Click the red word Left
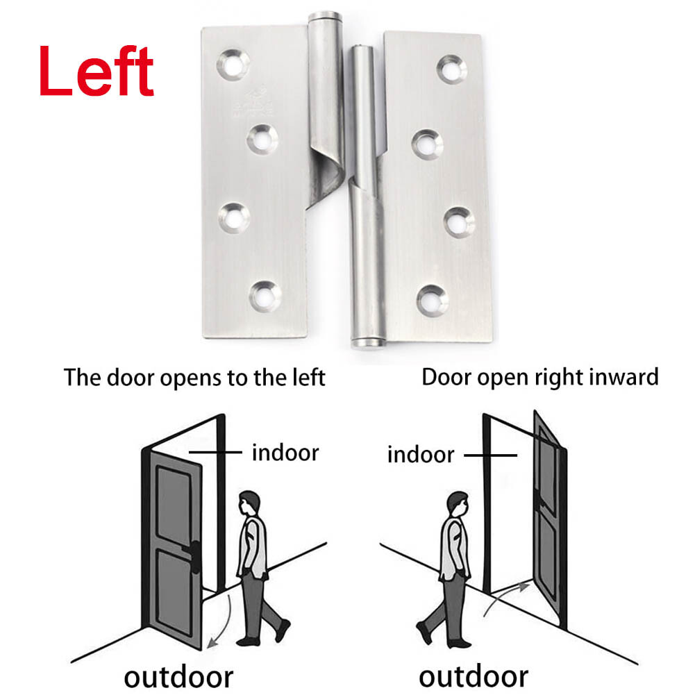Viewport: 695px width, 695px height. [x=96, y=71]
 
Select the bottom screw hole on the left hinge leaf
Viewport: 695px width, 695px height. [x=265, y=296]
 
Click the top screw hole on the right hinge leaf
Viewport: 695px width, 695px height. [x=452, y=68]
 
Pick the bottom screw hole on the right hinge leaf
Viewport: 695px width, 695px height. [x=432, y=299]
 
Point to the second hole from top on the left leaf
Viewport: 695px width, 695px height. [x=262, y=138]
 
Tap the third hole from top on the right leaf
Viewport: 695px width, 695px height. [x=459, y=221]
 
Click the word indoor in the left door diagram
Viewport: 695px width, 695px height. [x=285, y=453]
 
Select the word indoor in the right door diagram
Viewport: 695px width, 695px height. [x=421, y=455]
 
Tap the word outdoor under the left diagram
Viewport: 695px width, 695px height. [x=178, y=676]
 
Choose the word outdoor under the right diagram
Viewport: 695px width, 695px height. [x=474, y=676]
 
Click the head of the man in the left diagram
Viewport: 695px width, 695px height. [x=250, y=503]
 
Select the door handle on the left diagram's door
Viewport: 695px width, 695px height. [x=196, y=553]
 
